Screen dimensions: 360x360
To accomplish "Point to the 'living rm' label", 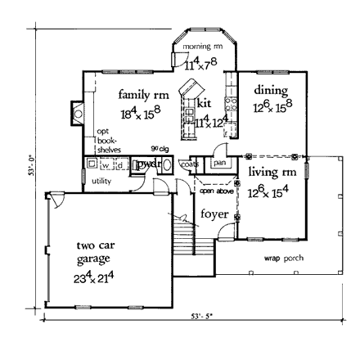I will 267,173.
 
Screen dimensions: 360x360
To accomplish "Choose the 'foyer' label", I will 214,214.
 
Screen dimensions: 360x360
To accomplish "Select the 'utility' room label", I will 101,180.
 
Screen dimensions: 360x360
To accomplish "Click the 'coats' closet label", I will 189,164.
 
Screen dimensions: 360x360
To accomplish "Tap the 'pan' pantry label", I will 218,164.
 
